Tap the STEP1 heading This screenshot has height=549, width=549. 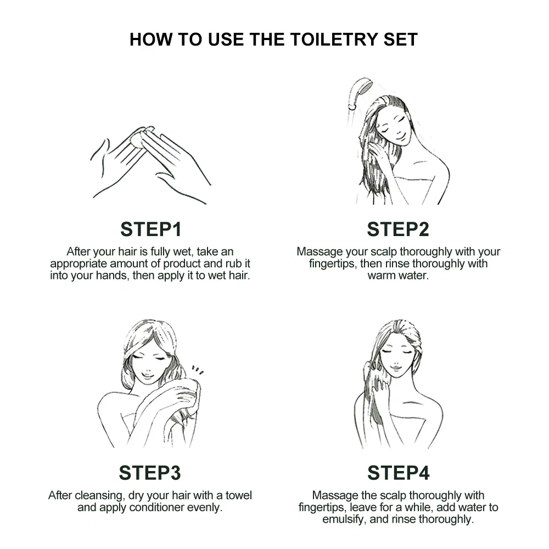[x=151, y=229]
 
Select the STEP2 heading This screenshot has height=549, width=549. [x=397, y=229]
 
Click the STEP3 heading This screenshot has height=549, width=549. [x=150, y=473]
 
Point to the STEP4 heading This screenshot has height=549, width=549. [x=398, y=473]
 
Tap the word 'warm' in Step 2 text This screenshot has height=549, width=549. [x=381, y=276]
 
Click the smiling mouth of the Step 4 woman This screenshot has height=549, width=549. [x=395, y=368]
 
